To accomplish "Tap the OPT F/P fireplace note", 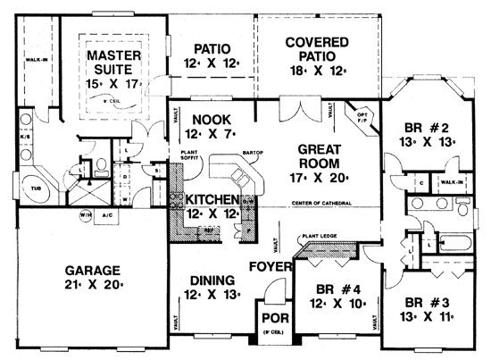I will [362, 118].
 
